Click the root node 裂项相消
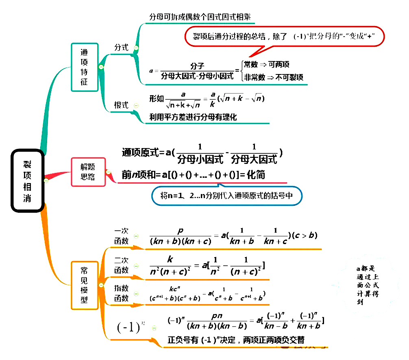click(27, 181)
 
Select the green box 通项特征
click(85, 67)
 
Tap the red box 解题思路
click(88, 172)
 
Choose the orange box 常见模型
click(85, 285)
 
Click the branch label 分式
click(121, 48)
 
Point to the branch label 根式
click(121, 105)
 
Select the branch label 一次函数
click(122, 236)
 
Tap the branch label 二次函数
click(122, 265)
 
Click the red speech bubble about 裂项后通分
click(284, 37)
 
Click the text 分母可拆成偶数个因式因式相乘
click(200, 17)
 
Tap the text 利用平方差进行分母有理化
click(193, 117)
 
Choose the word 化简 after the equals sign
click(256, 175)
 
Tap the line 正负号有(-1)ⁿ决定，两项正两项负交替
click(236, 340)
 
